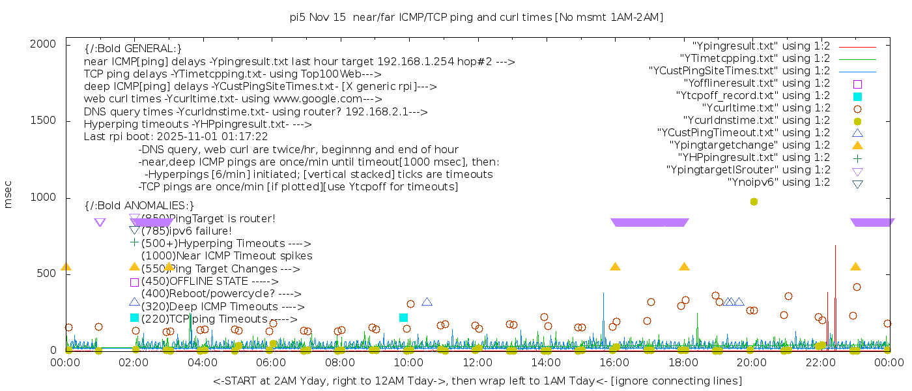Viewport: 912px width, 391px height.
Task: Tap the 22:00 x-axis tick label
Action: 820,362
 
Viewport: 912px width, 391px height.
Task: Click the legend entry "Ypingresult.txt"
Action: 761,46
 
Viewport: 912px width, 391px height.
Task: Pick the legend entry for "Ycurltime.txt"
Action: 765,108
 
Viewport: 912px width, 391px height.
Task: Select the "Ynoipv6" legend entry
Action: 778,182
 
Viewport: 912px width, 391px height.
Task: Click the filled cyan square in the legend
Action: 857,96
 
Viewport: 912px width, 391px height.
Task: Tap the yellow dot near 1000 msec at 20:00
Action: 754,201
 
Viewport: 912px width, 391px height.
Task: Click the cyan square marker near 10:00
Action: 403,317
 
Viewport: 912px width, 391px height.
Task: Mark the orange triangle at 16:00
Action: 615,267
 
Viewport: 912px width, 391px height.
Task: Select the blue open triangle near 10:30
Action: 427,302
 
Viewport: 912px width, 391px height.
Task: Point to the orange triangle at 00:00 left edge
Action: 66,267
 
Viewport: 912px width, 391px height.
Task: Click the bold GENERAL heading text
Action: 133,49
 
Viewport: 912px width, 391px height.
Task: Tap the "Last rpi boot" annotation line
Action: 176,137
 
